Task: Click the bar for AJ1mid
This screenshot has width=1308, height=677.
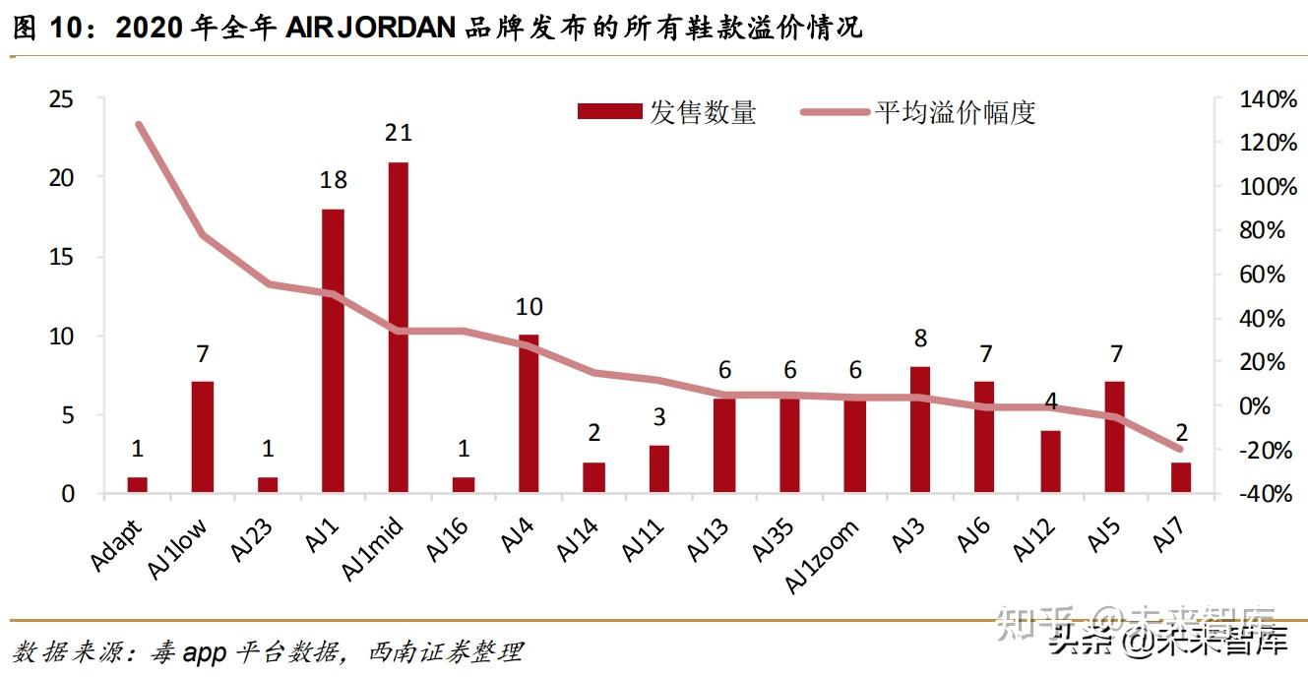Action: (x=399, y=327)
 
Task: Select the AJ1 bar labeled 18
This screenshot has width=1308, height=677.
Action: (x=333, y=350)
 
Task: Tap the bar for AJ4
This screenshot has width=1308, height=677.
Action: (x=529, y=413)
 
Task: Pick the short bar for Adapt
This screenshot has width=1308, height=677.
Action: (x=137, y=484)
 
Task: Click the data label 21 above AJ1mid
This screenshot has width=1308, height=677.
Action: (x=399, y=133)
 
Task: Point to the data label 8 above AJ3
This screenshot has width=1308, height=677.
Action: (x=921, y=338)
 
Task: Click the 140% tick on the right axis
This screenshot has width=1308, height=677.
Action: (x=1268, y=99)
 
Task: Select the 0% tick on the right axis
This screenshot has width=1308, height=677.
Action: (x=1254, y=406)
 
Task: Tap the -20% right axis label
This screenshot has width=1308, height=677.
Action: (x=1266, y=450)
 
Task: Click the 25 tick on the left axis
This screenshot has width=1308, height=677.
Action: (x=61, y=99)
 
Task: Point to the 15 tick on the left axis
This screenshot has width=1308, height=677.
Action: (x=61, y=257)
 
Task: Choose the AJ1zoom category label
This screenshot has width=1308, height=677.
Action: (x=821, y=556)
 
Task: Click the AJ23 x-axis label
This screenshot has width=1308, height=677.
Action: (x=251, y=540)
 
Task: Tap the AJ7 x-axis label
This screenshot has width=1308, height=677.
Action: (x=1168, y=534)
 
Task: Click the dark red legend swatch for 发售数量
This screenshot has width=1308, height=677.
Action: (x=609, y=111)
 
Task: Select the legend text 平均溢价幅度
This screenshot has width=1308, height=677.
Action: (x=956, y=112)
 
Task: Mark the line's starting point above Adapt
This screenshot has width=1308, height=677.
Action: (x=139, y=124)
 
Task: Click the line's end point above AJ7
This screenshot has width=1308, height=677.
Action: (x=1179, y=449)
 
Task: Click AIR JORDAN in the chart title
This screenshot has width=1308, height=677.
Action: (x=370, y=28)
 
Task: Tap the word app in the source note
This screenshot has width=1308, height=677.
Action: (x=204, y=652)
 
